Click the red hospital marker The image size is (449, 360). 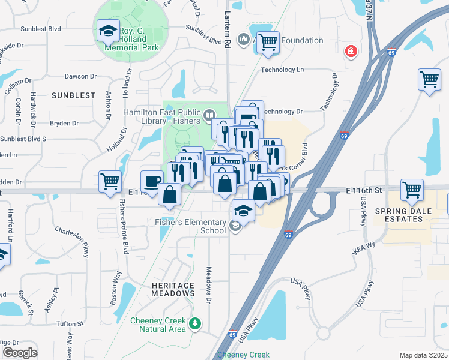(349, 52)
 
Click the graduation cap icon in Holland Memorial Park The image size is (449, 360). (107, 31)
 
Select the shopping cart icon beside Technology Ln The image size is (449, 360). (430, 80)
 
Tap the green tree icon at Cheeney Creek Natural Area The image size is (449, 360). (194, 324)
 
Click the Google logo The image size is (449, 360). (20, 353)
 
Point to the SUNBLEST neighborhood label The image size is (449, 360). (73, 95)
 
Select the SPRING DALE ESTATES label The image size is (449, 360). (399, 215)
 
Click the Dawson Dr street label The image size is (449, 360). (80, 76)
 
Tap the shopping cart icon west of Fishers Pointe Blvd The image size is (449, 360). (110, 181)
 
